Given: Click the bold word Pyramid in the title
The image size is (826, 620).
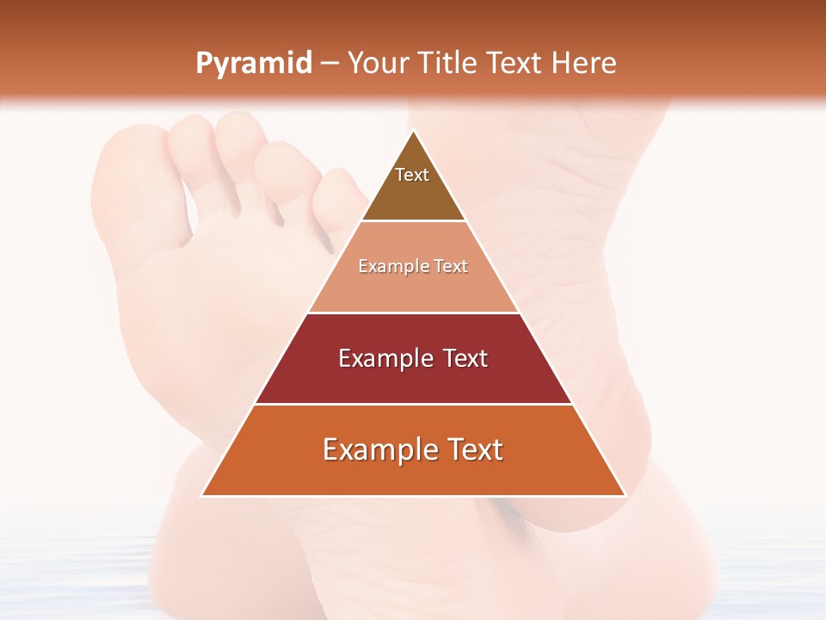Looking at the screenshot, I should (254, 64).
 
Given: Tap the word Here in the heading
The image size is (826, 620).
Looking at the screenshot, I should (584, 64).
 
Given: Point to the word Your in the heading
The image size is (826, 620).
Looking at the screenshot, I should (375, 64).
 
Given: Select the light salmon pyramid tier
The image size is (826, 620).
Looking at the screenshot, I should (413, 276).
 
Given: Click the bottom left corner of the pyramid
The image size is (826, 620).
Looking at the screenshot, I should (203, 495).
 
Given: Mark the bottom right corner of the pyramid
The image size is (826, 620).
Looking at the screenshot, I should (625, 495).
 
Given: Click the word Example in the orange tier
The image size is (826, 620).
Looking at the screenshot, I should (377, 449).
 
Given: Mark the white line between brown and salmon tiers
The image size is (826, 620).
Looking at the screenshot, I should (413, 221).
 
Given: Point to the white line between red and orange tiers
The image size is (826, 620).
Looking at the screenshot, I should (413, 404).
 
